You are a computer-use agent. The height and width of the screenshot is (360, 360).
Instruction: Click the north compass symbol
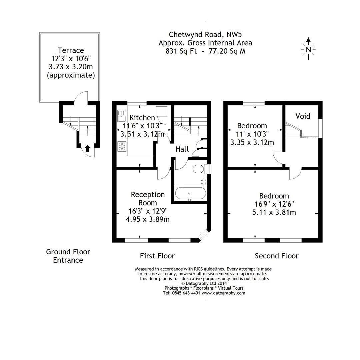click(x=308, y=49)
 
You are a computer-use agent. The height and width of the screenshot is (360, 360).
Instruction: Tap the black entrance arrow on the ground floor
click(x=88, y=148)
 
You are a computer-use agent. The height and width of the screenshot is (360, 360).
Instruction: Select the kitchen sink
click(x=121, y=116)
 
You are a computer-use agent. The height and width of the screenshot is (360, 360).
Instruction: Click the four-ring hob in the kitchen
click(x=122, y=146)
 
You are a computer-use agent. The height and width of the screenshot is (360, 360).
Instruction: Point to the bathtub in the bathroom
click(x=189, y=193)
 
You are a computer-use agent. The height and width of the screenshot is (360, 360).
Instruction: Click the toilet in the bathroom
click(x=199, y=169)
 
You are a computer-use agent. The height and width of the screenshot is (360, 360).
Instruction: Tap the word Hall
click(x=182, y=149)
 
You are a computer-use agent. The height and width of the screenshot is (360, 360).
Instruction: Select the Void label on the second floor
click(x=303, y=116)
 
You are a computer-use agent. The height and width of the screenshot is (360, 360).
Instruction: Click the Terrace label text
click(x=71, y=50)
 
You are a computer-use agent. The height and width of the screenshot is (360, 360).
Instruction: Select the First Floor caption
click(x=157, y=256)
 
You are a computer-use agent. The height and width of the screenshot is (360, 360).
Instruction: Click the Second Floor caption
click(x=277, y=256)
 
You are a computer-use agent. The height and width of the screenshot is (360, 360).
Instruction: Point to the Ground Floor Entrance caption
click(x=68, y=256)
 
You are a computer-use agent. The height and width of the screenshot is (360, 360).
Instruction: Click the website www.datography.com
click(x=223, y=293)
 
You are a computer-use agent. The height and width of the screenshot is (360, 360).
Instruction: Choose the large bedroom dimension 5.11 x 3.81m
click(x=274, y=212)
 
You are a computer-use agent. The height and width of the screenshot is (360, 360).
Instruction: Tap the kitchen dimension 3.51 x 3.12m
click(x=142, y=134)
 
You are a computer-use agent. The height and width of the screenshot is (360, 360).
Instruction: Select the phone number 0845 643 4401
click(x=186, y=293)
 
